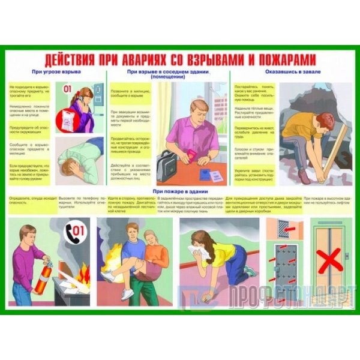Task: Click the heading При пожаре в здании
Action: pos(179,191)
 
